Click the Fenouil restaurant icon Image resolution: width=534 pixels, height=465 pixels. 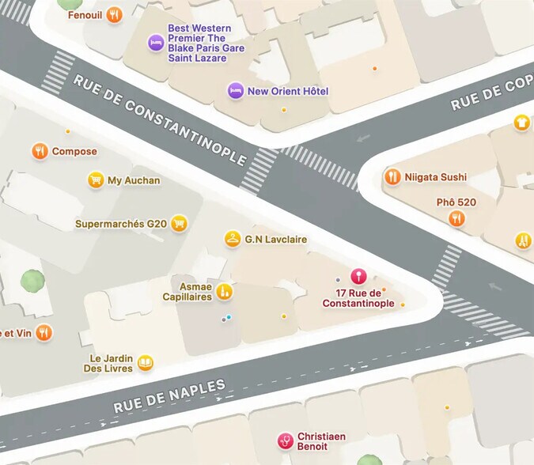tap(115, 14)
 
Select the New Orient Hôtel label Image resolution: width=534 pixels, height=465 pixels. tap(287, 91)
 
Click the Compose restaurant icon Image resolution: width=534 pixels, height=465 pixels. tap(40, 151)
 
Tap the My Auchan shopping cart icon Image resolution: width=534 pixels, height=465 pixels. tap(96, 180)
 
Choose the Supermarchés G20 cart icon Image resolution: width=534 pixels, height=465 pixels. tap(180, 224)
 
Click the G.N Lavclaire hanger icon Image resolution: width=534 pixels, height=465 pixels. tap(232, 239)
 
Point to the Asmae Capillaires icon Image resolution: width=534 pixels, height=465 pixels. tap(225, 291)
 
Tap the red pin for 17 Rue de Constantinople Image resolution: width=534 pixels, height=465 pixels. tap(358, 277)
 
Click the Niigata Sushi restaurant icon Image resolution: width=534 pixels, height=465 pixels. tap(392, 177)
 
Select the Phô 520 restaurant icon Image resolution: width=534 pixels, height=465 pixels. tap(456, 218)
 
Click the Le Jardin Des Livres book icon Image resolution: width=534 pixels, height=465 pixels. tap(145, 363)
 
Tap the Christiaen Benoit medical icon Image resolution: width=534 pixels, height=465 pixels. tap(284, 441)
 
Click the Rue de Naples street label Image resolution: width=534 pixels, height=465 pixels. tap(170, 396)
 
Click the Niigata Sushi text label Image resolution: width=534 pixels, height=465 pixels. tap(436, 177)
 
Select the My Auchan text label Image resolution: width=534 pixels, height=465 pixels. tap(134, 180)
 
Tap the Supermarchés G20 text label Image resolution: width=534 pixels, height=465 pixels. tap(121, 224)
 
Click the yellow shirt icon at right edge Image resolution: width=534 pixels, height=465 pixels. tap(521, 122)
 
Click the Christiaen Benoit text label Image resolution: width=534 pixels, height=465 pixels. tap(324, 441)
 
